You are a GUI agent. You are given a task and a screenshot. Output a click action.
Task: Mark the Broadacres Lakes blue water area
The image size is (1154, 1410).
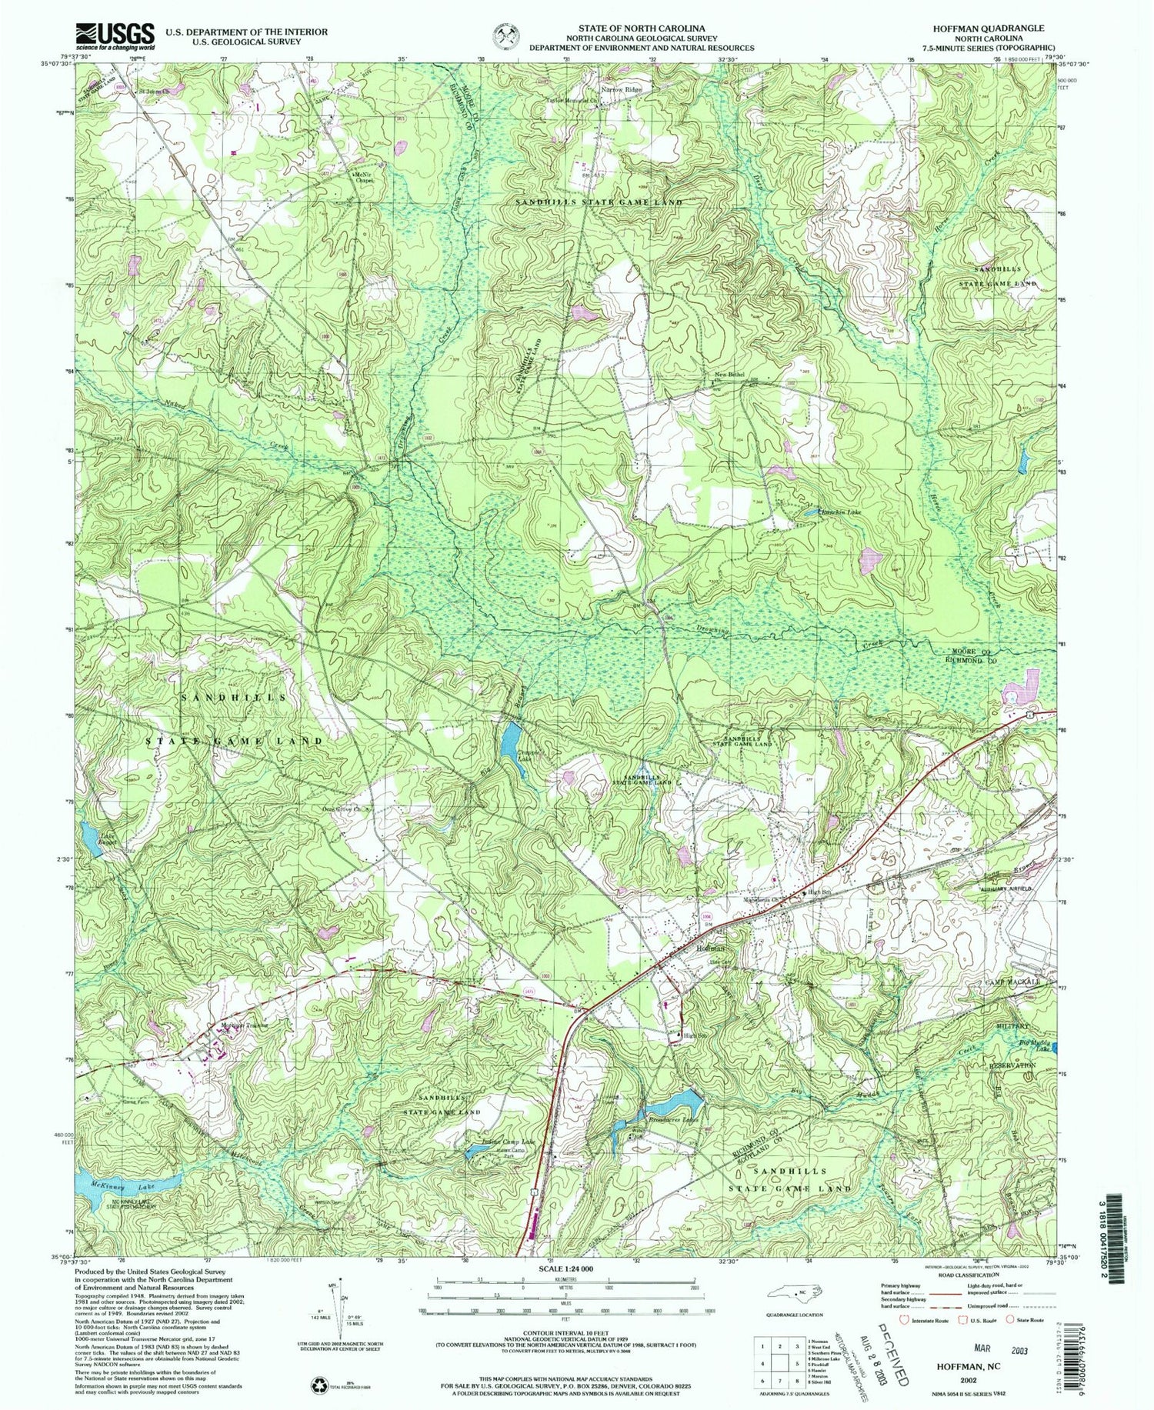click(671, 1106)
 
